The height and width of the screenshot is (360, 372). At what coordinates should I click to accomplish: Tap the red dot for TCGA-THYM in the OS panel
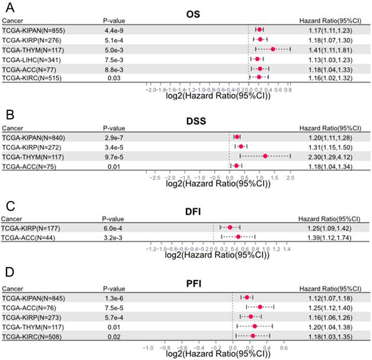[x=273, y=49]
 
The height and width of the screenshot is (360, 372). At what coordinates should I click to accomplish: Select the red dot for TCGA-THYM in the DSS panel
[x=265, y=156]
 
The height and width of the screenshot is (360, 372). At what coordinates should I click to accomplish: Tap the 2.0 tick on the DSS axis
[x=290, y=177]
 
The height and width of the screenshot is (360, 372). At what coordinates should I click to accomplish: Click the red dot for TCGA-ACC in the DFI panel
[x=238, y=237]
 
